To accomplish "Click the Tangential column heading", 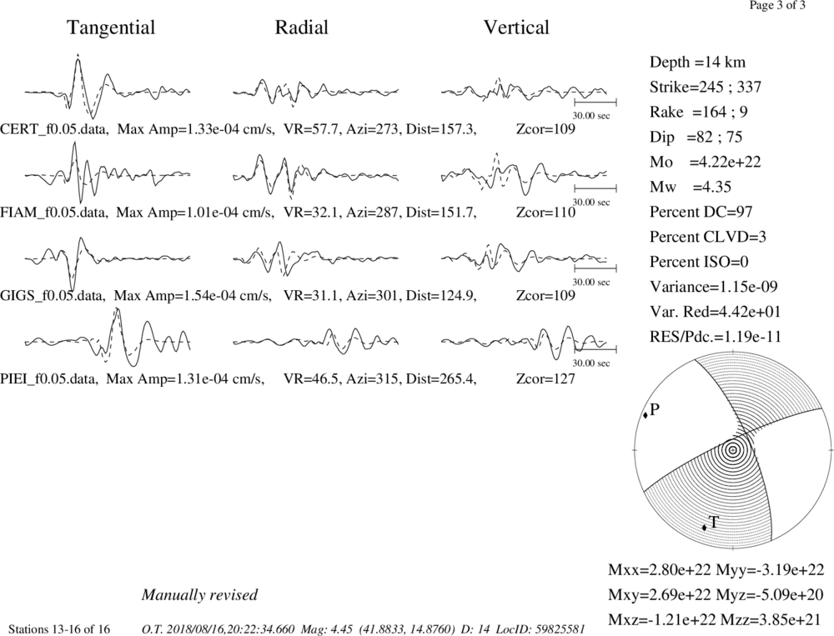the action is (x=111, y=28).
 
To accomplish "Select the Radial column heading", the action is (x=301, y=28).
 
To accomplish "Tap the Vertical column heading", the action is (x=516, y=28).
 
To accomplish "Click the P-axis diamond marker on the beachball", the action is (x=646, y=415).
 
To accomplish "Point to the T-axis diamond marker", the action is (x=704, y=528).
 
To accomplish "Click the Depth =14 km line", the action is (x=697, y=63).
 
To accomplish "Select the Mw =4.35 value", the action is (x=691, y=188).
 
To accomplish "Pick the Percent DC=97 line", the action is (x=701, y=213).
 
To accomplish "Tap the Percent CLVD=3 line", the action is (x=708, y=237).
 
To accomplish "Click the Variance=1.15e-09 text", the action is (x=713, y=287).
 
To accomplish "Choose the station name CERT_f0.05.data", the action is (x=55, y=129).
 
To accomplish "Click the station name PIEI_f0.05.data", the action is (x=49, y=379).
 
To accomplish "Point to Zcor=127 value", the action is (x=545, y=379).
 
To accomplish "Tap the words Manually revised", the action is (x=199, y=595).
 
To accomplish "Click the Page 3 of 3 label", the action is (x=777, y=6).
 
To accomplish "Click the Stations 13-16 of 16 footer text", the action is (x=59, y=629).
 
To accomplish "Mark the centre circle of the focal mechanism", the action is (x=733, y=450).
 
